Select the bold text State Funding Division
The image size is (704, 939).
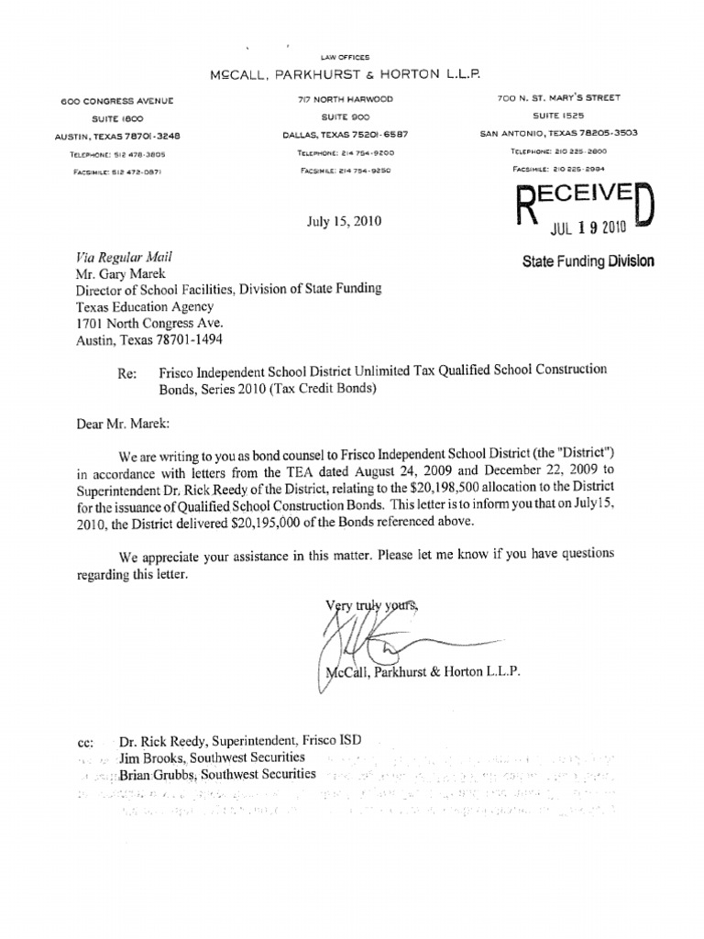click(588, 261)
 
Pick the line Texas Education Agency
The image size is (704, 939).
click(145, 306)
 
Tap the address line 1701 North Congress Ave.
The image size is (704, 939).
click(148, 323)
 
